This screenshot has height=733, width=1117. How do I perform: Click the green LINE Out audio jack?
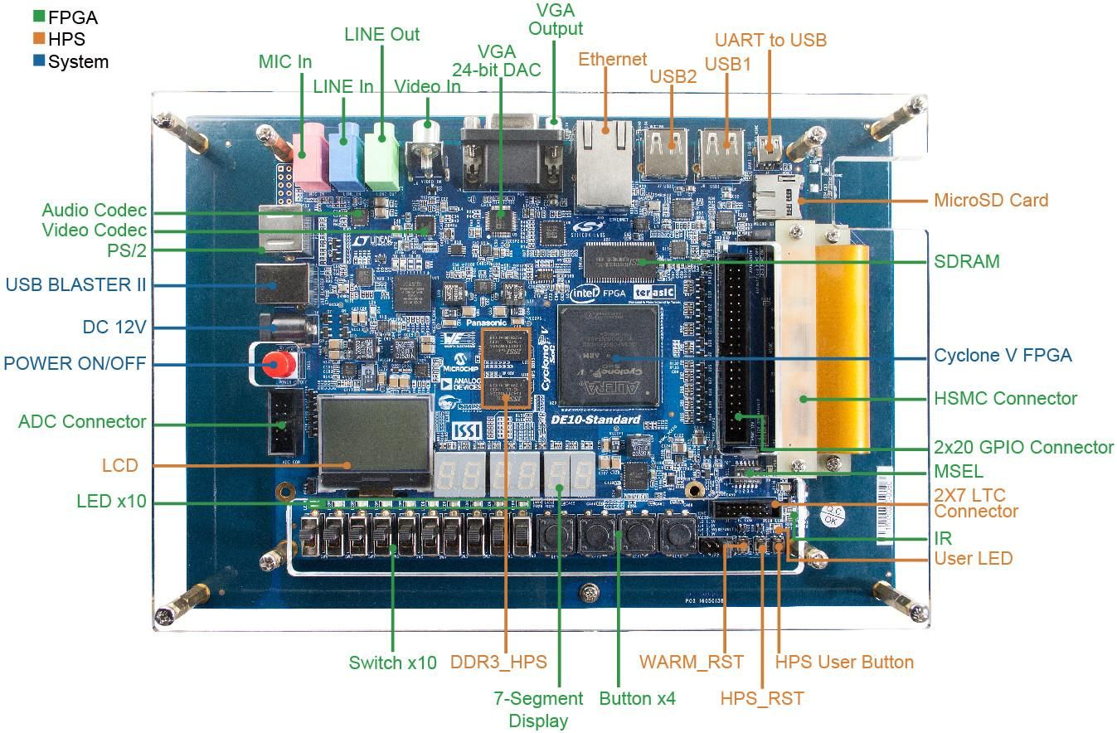[381, 149]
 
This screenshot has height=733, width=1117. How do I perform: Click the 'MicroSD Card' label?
[991, 200]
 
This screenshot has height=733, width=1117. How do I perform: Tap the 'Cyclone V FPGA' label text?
[1003, 356]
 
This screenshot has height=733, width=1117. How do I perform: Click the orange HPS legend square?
[39, 38]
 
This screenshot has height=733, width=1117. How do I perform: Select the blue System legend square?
[39, 61]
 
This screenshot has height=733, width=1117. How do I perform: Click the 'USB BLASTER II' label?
[75, 284]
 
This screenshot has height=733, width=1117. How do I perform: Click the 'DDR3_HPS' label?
[498, 662]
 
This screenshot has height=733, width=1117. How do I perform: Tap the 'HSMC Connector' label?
[1005, 398]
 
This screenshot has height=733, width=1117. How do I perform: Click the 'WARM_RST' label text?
[691, 662]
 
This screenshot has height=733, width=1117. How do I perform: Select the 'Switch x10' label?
[392, 663]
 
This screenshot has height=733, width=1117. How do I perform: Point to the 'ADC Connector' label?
[82, 421]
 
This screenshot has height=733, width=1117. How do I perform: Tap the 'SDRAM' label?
[967, 262]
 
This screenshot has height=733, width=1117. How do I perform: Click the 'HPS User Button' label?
[844, 662]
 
